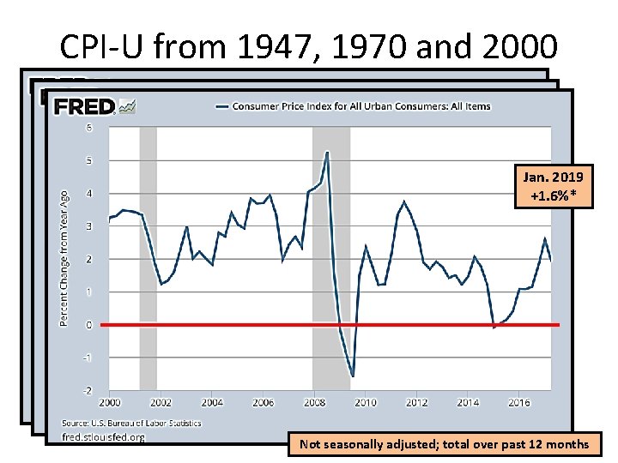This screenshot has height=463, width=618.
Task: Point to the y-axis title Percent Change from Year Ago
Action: [x=64, y=258]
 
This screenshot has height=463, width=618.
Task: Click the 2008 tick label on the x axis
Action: [x=314, y=401]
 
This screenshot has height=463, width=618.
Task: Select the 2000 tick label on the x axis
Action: [x=109, y=401]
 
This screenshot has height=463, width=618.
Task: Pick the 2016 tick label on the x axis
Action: [x=518, y=401]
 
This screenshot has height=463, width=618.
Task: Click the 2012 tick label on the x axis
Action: [x=416, y=401]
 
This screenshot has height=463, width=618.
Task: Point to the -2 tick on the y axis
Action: [x=87, y=390]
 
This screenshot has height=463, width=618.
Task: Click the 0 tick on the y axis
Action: [x=88, y=325]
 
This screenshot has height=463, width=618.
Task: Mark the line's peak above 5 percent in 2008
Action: [x=327, y=152]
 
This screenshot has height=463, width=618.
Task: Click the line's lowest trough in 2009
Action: [x=353, y=376]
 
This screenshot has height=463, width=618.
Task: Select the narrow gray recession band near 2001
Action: [x=148, y=257]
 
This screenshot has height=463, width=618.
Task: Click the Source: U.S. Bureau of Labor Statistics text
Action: [x=131, y=423]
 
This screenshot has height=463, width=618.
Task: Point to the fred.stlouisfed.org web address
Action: [x=104, y=436]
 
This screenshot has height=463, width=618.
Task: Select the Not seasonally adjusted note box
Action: [x=444, y=443]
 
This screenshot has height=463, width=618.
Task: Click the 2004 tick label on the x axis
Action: [x=212, y=401]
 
